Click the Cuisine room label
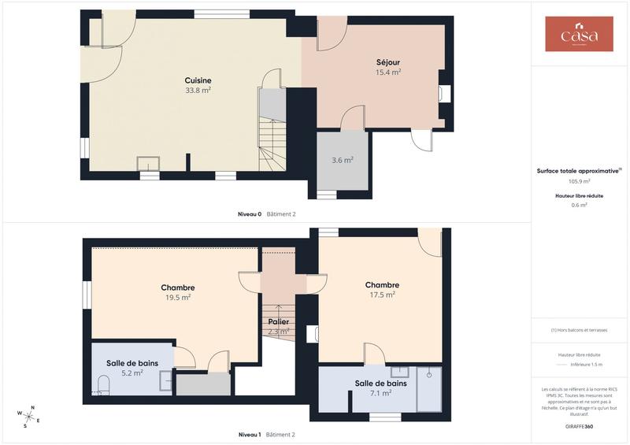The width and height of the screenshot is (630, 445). pyautogui.click(x=198, y=80)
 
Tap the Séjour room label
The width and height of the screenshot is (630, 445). pyautogui.click(x=387, y=62)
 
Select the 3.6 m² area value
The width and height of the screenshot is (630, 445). pyautogui.click(x=343, y=160)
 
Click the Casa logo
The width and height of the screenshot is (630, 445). pyautogui.click(x=579, y=35)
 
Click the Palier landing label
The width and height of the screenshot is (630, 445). pyautogui.click(x=278, y=322)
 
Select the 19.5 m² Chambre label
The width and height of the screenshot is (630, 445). pyautogui.click(x=178, y=287)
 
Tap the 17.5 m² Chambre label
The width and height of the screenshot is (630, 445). pyautogui.click(x=382, y=285)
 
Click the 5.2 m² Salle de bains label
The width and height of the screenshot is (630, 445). pyautogui.click(x=132, y=363)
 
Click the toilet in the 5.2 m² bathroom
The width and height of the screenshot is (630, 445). pyautogui.click(x=103, y=384)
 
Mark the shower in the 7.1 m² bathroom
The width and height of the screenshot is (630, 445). pyautogui.click(x=429, y=388)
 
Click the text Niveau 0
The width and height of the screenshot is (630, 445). pyautogui.click(x=250, y=213)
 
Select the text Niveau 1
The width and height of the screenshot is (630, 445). pyautogui.click(x=250, y=434)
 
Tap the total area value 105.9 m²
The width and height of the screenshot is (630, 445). pyautogui.click(x=579, y=180)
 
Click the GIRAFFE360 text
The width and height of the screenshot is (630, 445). pyautogui.click(x=579, y=425)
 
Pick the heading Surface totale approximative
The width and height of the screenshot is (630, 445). pyautogui.click(x=578, y=170)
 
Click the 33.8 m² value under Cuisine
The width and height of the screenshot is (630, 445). pyautogui.click(x=198, y=90)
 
